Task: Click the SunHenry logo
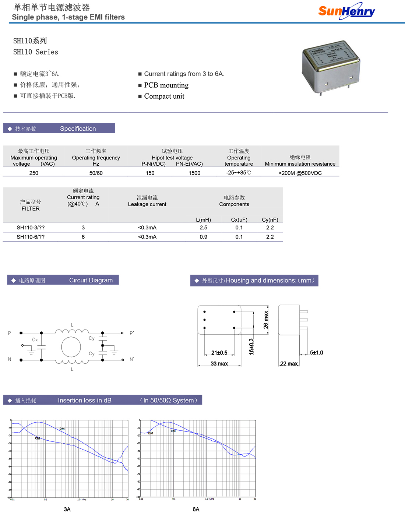coord(346,11)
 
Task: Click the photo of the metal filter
coord(330,67)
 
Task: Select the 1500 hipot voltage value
coord(194,173)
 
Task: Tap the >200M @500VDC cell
coord(300,173)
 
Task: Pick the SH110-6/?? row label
coord(31,237)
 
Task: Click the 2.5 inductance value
coord(203,228)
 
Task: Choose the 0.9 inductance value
coord(203,237)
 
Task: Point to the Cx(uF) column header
coord(239,220)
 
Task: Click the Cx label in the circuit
coord(35,340)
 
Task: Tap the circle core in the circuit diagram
coord(71,347)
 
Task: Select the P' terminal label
coord(132,333)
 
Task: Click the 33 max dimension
coord(219,363)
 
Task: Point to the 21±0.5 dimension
coord(219,353)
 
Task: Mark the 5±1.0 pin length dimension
coord(316,352)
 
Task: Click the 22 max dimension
coord(289,363)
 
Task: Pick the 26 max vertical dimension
coord(266,320)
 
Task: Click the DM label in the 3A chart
coord(62,429)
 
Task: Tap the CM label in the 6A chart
coord(173,431)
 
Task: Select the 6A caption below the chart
coord(196,509)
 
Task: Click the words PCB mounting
coord(166,85)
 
